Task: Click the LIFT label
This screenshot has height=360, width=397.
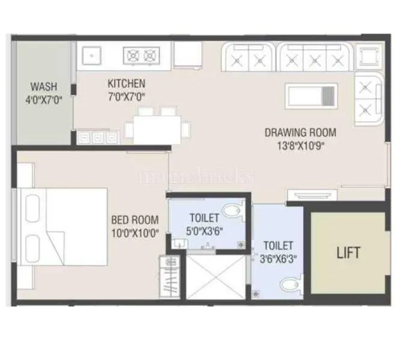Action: point(348,253)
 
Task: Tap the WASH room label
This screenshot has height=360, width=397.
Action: point(44,86)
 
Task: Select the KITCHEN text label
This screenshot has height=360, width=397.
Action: point(126,83)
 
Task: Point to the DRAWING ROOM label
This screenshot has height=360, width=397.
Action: point(300,133)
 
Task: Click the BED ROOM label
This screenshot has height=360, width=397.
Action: point(135,220)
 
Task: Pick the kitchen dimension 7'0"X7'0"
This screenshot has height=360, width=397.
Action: point(126,96)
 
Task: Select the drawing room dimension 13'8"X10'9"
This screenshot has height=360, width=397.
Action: point(300,145)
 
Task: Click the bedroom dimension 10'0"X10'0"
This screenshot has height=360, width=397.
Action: point(135,233)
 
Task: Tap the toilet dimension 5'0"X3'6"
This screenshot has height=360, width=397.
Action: point(204,230)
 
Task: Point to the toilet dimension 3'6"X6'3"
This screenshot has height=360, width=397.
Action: point(278,260)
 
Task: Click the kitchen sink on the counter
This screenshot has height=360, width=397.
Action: point(91,56)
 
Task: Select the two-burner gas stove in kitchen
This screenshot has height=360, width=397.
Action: point(142,56)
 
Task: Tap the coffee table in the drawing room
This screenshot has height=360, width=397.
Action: point(311,95)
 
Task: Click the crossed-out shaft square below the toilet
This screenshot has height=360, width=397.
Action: point(216,280)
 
